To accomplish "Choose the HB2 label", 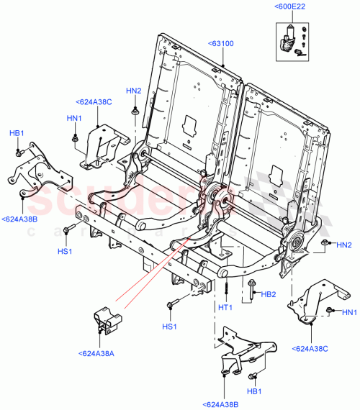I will pos(269,293).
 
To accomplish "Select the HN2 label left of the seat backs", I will pos(134,91).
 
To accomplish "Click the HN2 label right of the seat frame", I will pos(344,245).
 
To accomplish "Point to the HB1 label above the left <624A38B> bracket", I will pos(16,134).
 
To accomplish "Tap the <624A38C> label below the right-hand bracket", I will pos(310,348).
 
